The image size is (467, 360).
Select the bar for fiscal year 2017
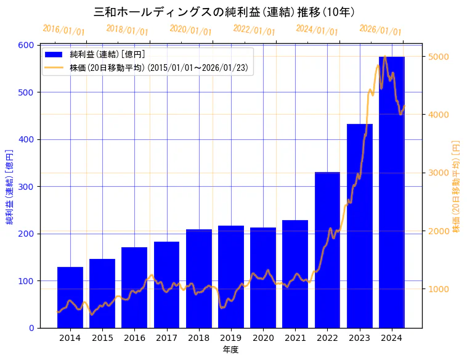(x=166, y=284)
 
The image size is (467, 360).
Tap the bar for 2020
(x=263, y=277)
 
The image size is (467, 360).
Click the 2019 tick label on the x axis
(x=231, y=338)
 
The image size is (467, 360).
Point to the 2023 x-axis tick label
(x=359, y=338)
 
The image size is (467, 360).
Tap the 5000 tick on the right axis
(x=439, y=57)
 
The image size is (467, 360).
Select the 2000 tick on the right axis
(x=439, y=231)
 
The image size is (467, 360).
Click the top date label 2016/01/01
(x=63, y=30)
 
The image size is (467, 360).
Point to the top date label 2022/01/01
(x=254, y=30)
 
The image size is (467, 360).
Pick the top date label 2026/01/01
(x=380, y=30)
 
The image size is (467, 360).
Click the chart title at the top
(x=224, y=12)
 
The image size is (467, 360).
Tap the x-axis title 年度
(x=230, y=350)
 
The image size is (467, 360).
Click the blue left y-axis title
(x=10, y=187)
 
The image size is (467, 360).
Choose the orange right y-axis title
(x=457, y=187)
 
